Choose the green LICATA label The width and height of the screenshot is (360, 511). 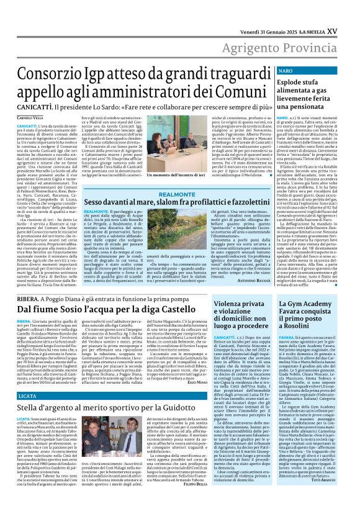[22, 413]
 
